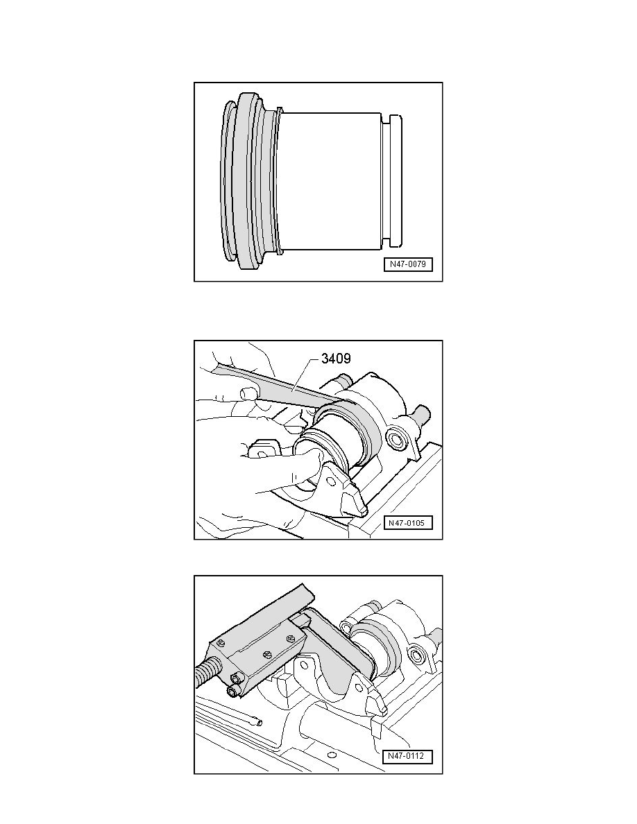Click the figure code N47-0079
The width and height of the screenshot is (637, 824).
click(408, 264)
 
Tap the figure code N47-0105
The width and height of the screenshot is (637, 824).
click(408, 523)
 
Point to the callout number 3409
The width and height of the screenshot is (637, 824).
click(336, 359)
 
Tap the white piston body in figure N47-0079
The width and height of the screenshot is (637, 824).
click(330, 181)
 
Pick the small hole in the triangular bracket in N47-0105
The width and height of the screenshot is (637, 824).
click(330, 480)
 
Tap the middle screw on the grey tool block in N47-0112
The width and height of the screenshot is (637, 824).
click(265, 655)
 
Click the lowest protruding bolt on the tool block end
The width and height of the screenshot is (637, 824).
click(233, 690)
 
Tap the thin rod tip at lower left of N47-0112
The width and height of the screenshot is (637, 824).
click(258, 723)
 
